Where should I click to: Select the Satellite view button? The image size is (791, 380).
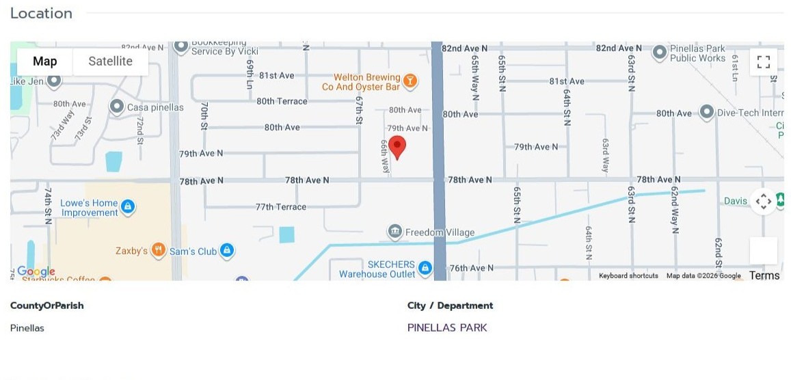click(110, 62)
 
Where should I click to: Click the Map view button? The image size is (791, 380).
click(45, 62)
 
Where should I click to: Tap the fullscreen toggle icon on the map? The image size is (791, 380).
click(764, 62)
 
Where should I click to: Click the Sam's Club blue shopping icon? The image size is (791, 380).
click(228, 251)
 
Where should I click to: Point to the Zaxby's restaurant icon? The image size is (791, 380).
click(158, 251)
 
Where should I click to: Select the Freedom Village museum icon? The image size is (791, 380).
click(394, 232)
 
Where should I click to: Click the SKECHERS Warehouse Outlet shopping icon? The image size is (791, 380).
click(425, 268)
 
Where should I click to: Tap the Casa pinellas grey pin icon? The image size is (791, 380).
click(117, 107)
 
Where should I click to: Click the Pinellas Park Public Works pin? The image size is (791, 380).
click(659, 52)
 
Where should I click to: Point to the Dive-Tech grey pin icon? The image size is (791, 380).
click(706, 112)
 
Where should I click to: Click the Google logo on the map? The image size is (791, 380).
click(36, 272)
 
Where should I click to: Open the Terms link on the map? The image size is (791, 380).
click(764, 275)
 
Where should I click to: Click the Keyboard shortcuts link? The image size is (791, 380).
click(628, 276)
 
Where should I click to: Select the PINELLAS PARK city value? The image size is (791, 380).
click(447, 328)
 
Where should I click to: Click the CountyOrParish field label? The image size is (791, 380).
click(47, 306)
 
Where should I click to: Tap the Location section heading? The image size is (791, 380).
click(41, 14)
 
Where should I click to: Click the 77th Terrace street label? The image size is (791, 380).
click(281, 206)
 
